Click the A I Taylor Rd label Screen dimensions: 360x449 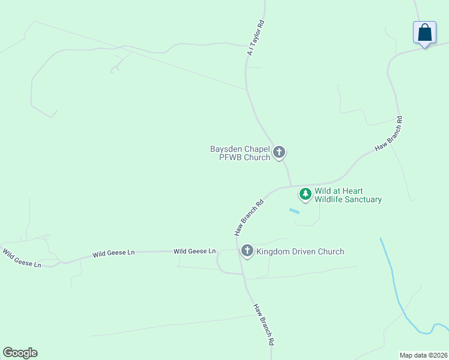tap(256, 38)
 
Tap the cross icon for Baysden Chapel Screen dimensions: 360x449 tap(279, 152)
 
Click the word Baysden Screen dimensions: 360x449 tap(225, 149)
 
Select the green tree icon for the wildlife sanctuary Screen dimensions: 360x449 tap(306, 194)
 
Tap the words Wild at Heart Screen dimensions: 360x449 tap(339, 191)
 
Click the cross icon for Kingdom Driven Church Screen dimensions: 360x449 tap(247, 251)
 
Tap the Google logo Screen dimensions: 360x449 tap(20, 353)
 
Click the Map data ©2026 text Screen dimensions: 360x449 tap(423, 355)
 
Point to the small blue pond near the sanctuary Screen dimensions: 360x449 tap(294, 211)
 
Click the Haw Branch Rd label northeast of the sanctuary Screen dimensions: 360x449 tap(388, 133)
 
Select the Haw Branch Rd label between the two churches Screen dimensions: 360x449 tap(249, 217)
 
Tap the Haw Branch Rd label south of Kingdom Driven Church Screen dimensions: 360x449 tap(264, 324)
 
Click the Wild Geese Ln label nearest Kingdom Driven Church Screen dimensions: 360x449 tap(194, 251)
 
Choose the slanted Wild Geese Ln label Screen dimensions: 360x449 tap(22, 258)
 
